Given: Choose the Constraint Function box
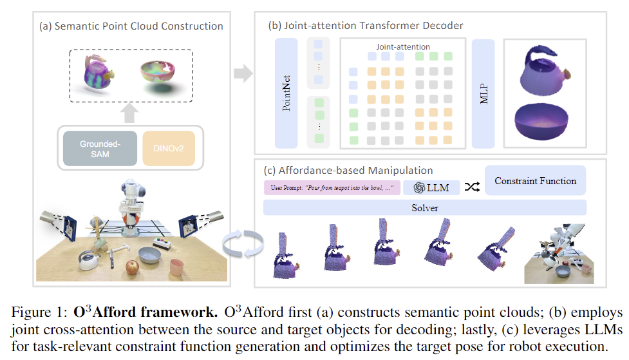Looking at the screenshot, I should coord(535,181).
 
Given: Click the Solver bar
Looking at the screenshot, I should coord(425,207).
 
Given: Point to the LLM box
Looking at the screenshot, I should coord(431,187).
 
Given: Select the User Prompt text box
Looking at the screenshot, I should coord(332,187).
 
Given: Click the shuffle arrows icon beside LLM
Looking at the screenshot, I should coord(473,187).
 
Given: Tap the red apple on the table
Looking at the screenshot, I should coord(132,266).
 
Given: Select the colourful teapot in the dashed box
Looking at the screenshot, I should coord(97,72).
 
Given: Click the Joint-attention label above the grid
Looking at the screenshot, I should coord(403,47).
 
